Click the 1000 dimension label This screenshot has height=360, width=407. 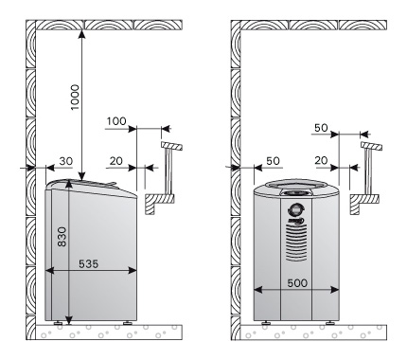pyautogui.click(x=76, y=98)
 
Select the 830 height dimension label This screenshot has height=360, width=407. pyautogui.click(x=62, y=237)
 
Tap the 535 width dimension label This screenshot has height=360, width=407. pyautogui.click(x=89, y=263)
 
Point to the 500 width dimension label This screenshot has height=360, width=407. pyautogui.click(x=297, y=283)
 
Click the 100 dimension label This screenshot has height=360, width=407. pyautogui.click(x=116, y=121)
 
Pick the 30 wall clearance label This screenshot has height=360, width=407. pyautogui.click(x=66, y=161)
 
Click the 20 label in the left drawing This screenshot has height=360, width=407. pyautogui.click(x=116, y=161)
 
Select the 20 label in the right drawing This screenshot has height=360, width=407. pyautogui.click(x=321, y=161)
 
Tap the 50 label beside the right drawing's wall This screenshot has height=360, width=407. pyautogui.click(x=274, y=161)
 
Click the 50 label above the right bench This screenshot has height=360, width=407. pyautogui.click(x=321, y=128)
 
